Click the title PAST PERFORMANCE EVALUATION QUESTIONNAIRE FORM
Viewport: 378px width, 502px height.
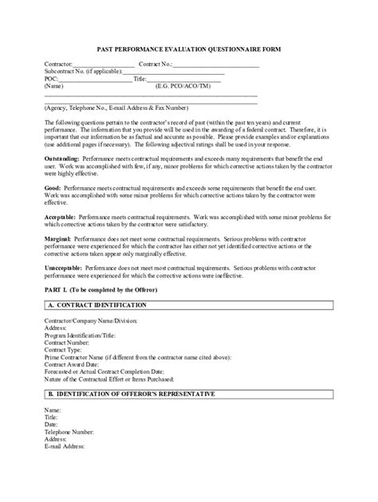[189, 49]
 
